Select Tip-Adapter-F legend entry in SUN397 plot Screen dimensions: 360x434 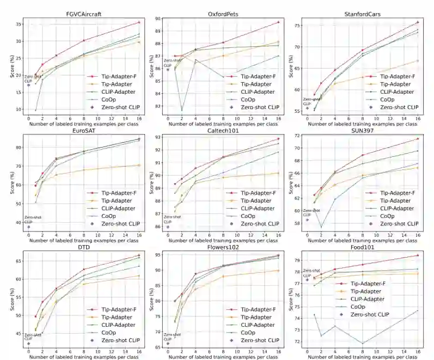click(x=394, y=193)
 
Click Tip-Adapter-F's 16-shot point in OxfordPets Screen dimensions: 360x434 click(x=278, y=22)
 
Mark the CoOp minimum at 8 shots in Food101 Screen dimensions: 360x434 click(x=363, y=343)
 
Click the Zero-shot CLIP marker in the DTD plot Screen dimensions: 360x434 click(x=28, y=344)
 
